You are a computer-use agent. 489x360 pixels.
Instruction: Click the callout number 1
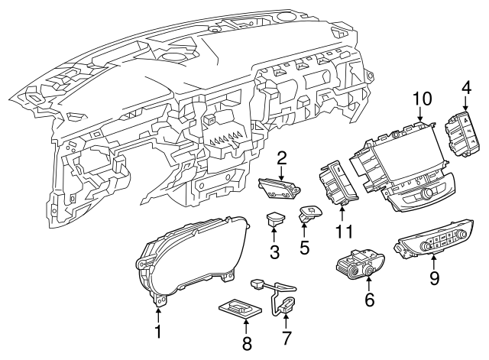click(x=158, y=331)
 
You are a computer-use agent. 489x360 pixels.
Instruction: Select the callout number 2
click(x=282, y=158)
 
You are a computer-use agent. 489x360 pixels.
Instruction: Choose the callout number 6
click(x=370, y=300)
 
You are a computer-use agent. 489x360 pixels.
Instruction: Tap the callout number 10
click(x=422, y=99)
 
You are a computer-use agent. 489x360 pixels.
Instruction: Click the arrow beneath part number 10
click(x=421, y=116)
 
